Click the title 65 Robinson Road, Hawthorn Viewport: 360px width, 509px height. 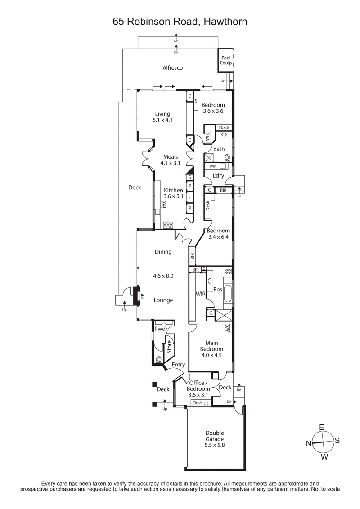(x=180, y=21)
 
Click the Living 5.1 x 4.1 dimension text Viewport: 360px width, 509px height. (x=163, y=121)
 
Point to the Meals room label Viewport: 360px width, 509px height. (x=164, y=156)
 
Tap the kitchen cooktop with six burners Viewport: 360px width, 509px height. (x=168, y=225)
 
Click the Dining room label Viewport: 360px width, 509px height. (x=163, y=252)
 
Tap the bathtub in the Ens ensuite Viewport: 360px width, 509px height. (x=227, y=295)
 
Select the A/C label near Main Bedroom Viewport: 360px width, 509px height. (x=227, y=327)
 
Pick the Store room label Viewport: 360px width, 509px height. (x=170, y=347)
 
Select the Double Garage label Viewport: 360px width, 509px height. (x=211, y=439)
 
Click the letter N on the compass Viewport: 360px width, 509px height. (x=309, y=443)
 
